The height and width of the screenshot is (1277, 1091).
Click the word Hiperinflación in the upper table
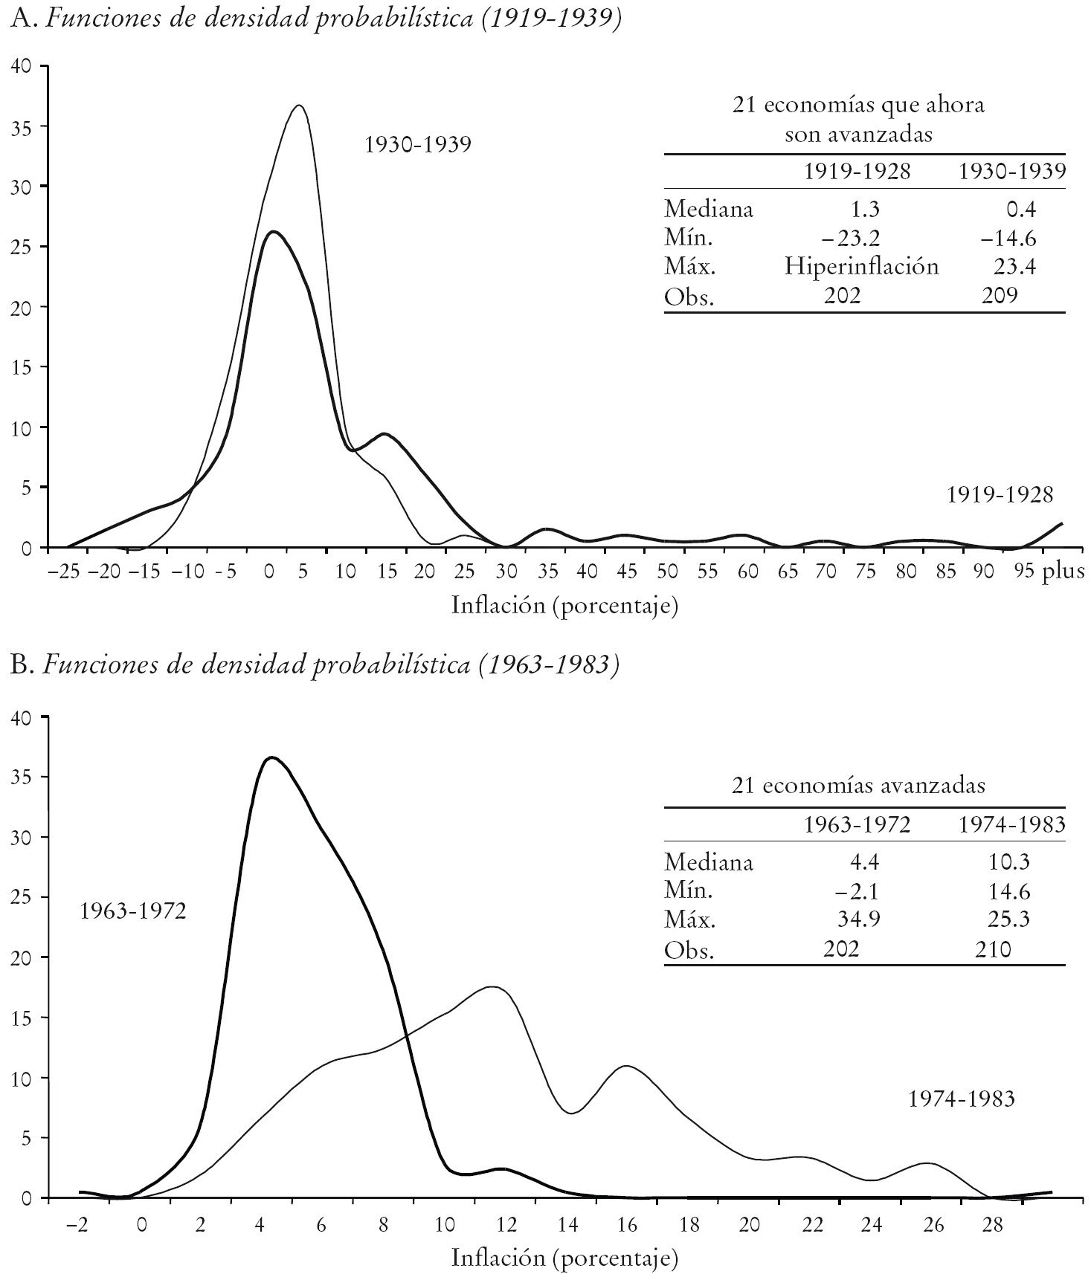click(x=861, y=266)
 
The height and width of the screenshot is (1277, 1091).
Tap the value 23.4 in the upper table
click(x=1014, y=266)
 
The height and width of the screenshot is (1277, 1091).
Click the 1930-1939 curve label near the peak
click(x=418, y=144)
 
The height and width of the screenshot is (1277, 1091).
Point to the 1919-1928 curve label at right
click(x=1000, y=494)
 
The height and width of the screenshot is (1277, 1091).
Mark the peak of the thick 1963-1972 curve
click(x=271, y=757)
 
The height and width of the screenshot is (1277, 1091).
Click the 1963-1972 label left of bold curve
click(x=132, y=911)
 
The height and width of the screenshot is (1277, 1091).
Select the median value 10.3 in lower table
click(x=1009, y=862)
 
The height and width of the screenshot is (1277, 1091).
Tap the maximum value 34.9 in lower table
click(x=859, y=920)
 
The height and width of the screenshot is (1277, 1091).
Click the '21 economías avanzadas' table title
click(x=858, y=786)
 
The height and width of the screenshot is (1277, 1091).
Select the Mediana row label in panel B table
click(x=708, y=862)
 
